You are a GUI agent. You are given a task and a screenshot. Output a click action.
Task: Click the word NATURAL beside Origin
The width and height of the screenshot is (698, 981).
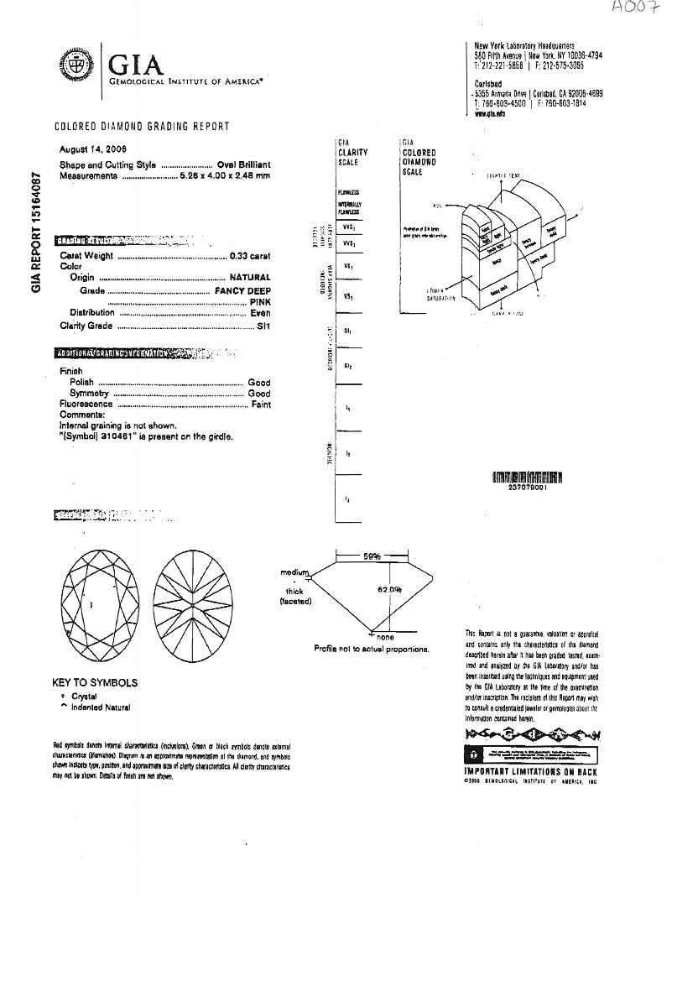(x=250, y=277)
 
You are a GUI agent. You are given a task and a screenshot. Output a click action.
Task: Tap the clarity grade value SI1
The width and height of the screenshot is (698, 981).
(x=263, y=325)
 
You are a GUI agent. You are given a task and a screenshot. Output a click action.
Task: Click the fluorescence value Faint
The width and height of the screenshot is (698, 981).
(x=260, y=404)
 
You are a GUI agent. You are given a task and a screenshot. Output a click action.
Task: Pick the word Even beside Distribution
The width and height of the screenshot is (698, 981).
(x=260, y=313)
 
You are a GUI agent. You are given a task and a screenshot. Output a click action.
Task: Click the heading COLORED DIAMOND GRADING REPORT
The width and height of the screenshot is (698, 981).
(x=142, y=127)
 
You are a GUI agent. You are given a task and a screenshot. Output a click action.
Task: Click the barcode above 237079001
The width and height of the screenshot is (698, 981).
(x=527, y=478)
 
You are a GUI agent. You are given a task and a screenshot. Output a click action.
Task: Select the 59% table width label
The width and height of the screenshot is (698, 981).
(x=372, y=556)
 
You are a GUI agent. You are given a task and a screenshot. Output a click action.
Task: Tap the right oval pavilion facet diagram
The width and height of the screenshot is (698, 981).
(x=195, y=605)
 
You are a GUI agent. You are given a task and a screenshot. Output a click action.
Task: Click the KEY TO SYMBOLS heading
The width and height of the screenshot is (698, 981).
(x=95, y=683)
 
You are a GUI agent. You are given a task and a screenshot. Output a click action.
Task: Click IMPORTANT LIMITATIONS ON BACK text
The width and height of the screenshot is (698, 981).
(x=530, y=771)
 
